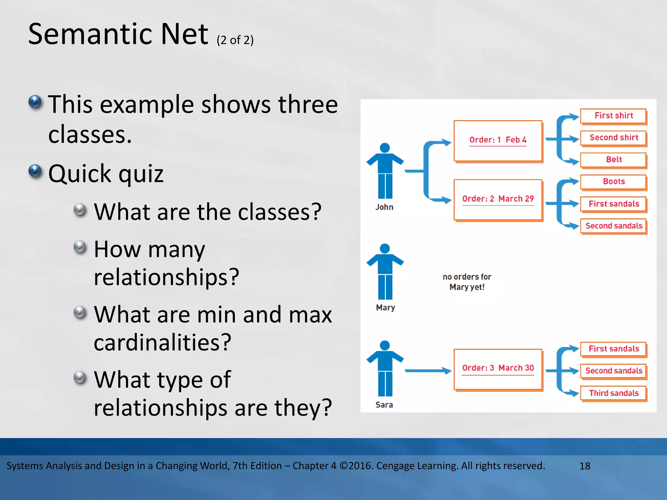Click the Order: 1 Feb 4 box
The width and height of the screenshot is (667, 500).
pyautogui.click(x=498, y=141)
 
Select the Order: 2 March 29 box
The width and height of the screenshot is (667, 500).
pyautogui.click(x=498, y=200)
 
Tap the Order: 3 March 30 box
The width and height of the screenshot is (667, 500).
pyautogui.click(x=498, y=369)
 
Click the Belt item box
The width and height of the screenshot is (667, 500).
pyautogui.click(x=613, y=160)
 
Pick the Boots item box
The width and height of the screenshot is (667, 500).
pyautogui.click(x=613, y=182)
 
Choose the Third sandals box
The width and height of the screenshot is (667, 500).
pyautogui.click(x=613, y=393)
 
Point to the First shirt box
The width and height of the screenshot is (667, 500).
pyautogui.click(x=613, y=116)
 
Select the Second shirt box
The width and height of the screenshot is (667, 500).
pyautogui.click(x=613, y=138)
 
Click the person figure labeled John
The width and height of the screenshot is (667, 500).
pyautogui.click(x=385, y=171)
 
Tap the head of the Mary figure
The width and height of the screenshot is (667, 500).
pyautogui.click(x=385, y=248)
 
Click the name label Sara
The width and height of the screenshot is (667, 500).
pyautogui.click(x=384, y=405)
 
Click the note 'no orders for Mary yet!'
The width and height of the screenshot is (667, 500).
pyautogui.click(x=467, y=282)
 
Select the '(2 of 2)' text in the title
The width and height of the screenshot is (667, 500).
pyautogui.click(x=235, y=40)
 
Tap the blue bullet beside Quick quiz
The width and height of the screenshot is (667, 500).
pyautogui.click(x=35, y=171)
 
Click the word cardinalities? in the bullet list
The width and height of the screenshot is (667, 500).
pyautogui.click(x=163, y=342)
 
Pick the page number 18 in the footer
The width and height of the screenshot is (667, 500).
pyautogui.click(x=585, y=466)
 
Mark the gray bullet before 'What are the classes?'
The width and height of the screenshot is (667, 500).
pyautogui.click(x=80, y=210)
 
